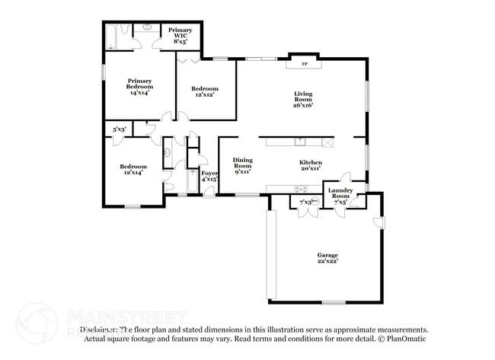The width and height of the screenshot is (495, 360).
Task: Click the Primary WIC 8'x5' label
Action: [x=170, y=35]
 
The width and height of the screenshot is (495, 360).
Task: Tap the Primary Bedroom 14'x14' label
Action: [x=140, y=87]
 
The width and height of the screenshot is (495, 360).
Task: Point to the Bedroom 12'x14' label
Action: [x=133, y=169]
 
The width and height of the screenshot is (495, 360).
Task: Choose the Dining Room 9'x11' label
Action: [x=242, y=165]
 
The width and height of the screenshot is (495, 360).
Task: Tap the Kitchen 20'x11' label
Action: [x=310, y=165]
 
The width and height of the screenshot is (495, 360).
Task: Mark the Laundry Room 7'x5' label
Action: [x=340, y=196]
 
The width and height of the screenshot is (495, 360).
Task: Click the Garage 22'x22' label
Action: [x=327, y=258]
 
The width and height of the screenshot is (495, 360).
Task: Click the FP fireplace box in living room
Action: [x=305, y=64]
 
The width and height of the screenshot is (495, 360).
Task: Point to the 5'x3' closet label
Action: [x=119, y=130]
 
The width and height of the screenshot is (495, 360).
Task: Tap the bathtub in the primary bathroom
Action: [x=111, y=35]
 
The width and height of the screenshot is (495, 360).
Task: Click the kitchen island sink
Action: [x=301, y=141]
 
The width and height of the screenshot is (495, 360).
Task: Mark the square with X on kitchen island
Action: [x=328, y=142]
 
